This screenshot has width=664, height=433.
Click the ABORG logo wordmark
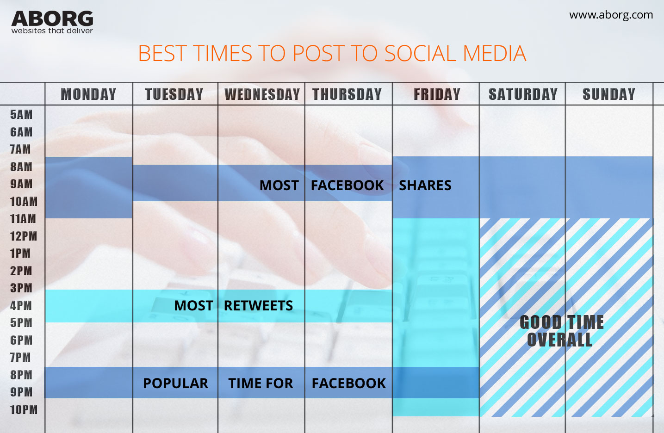click(x=52, y=19)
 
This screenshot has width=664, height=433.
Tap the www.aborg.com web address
click(x=611, y=15)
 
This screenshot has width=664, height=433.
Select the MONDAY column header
click(x=88, y=94)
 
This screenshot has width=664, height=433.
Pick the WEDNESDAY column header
click(x=262, y=94)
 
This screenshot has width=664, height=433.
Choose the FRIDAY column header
click(x=437, y=94)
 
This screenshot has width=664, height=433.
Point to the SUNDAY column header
click(x=608, y=94)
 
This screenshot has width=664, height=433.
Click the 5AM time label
click(x=21, y=115)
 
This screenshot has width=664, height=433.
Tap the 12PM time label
click(x=23, y=236)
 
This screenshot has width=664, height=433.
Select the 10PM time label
click(x=24, y=410)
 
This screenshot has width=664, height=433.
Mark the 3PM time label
click(x=21, y=288)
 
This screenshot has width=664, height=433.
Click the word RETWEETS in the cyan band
click(x=258, y=306)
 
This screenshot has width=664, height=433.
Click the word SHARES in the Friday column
click(x=425, y=186)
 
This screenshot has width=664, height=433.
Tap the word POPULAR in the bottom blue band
click(x=175, y=384)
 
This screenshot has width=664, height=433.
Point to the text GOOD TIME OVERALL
click(x=561, y=331)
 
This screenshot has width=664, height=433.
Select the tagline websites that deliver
click(x=52, y=31)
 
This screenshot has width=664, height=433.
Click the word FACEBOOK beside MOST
click(x=347, y=186)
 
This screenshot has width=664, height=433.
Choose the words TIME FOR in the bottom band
click(x=261, y=384)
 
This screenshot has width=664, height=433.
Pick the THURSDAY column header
click(x=347, y=94)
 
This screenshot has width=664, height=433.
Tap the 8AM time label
click(x=21, y=167)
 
